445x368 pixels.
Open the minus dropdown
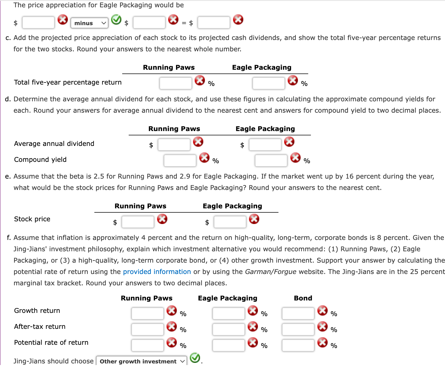89,23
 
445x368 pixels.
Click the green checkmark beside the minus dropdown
116,19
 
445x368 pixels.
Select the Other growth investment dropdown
141,361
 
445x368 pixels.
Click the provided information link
157,272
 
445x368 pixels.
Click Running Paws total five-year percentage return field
175,83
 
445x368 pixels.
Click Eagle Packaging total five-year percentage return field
268,83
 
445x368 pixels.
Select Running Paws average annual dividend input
174,145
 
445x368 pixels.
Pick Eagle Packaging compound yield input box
271,160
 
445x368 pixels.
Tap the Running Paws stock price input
138,222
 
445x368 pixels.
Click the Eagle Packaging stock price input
230,222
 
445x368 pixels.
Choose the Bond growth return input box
298,313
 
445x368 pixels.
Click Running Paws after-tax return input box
147,329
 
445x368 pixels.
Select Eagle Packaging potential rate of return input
228,345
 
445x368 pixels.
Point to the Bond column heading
303,298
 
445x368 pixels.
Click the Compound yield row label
40,159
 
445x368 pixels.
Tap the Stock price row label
32,219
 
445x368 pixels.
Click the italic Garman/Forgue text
270,272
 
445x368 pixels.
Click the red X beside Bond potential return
322,342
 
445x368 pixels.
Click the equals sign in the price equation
184,23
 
